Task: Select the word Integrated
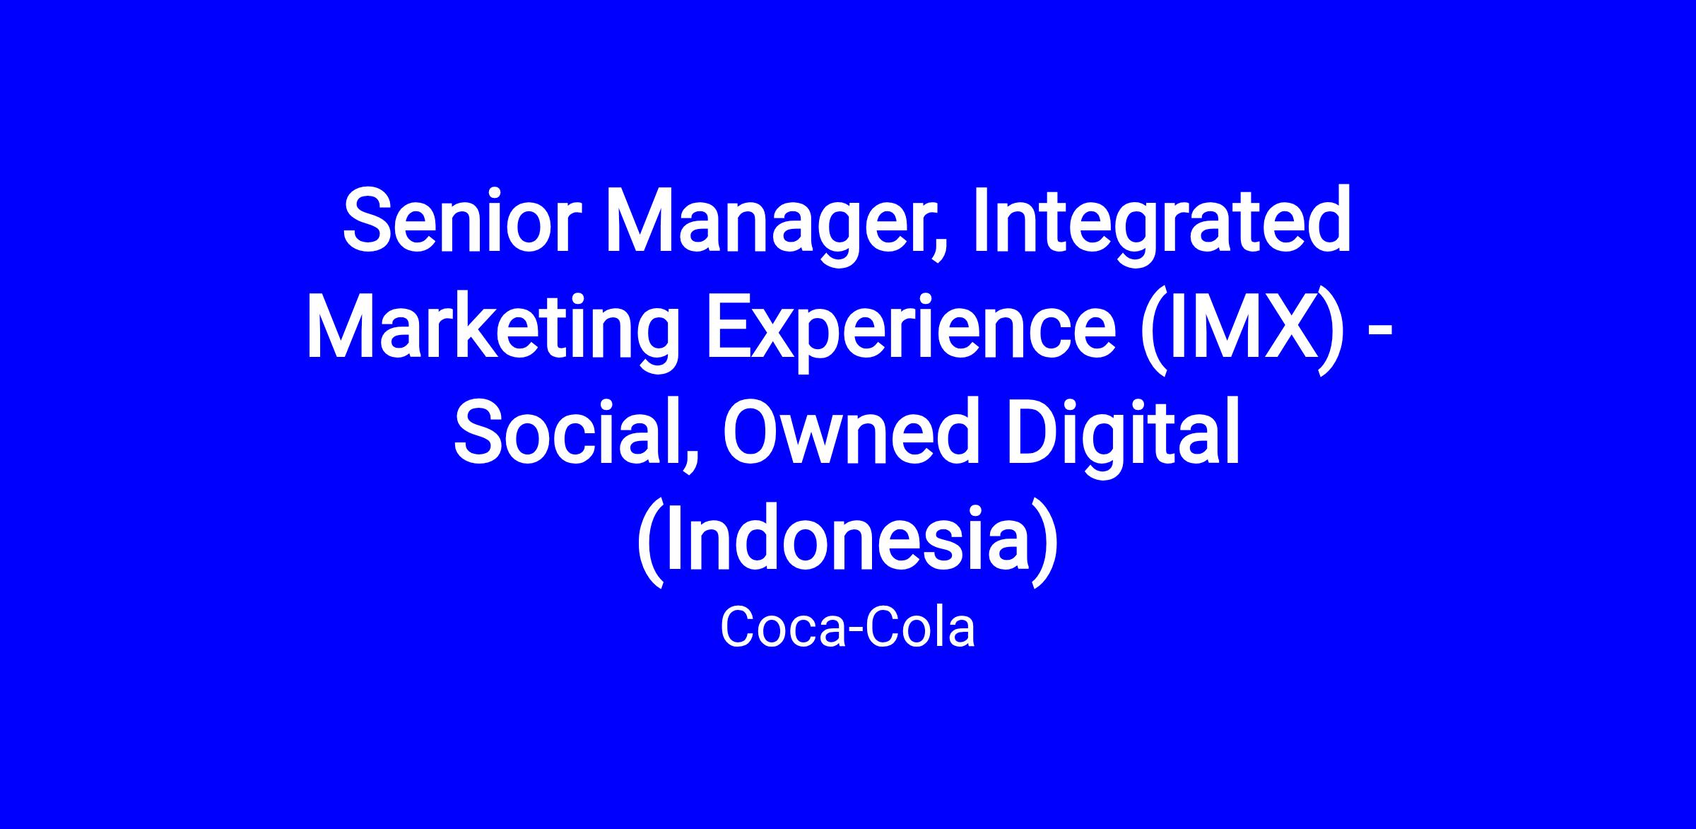click(x=1163, y=226)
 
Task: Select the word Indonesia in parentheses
click(x=848, y=538)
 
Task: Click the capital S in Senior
click(x=368, y=220)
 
